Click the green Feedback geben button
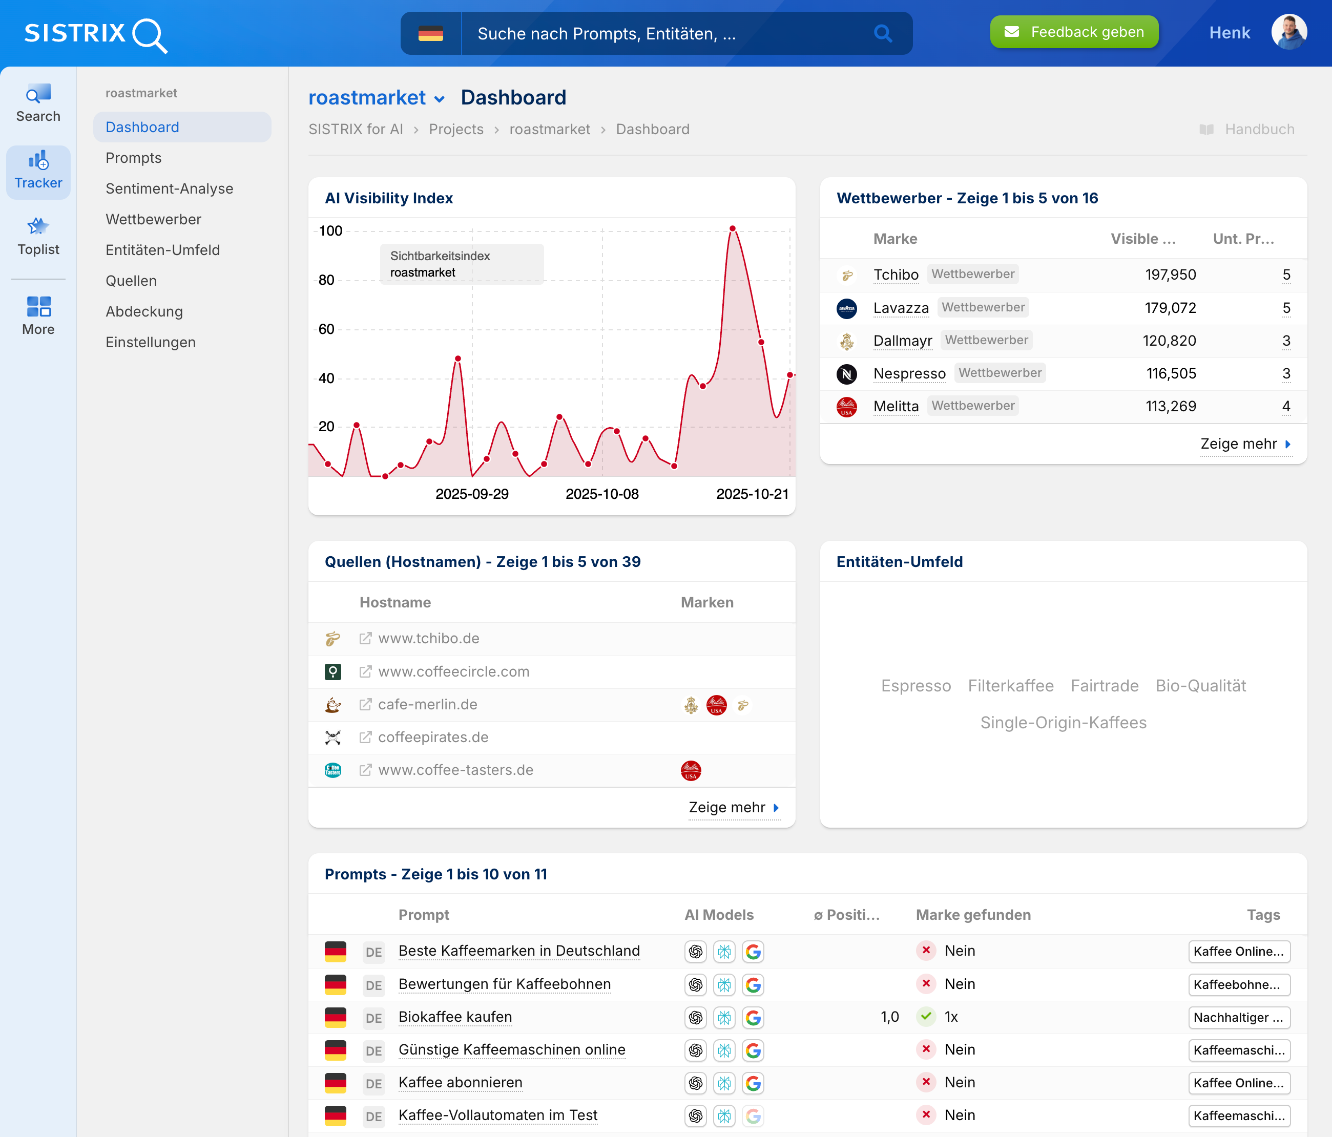click(1074, 32)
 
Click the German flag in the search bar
click(430, 33)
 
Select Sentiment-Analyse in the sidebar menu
click(169, 188)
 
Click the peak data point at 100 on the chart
click(732, 229)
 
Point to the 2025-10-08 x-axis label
click(602, 494)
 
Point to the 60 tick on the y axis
click(326, 329)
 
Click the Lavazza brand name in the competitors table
click(901, 308)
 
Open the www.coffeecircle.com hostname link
click(453, 671)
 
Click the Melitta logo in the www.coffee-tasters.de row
click(691, 770)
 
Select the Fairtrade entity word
click(1104, 686)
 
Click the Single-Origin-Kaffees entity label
click(1063, 723)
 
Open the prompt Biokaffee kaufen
click(455, 1017)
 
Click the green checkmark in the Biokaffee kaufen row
click(926, 1016)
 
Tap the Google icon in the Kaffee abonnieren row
click(753, 1083)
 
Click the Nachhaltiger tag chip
click(1238, 1018)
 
